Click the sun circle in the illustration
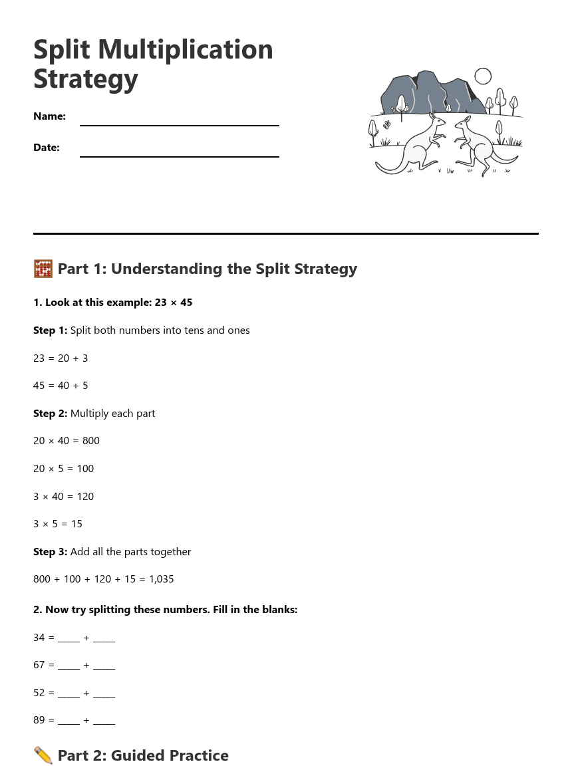coord(483,76)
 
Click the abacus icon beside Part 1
coord(43,269)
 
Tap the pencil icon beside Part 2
coord(43,755)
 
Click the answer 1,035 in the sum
coord(161,579)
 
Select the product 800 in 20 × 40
coord(91,441)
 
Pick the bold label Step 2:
coord(50,414)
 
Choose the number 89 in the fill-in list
coord(39,720)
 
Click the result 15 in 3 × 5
coord(76,524)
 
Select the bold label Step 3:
coord(50,552)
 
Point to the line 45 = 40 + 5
coord(61,386)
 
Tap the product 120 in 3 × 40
coord(85,497)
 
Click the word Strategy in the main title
coord(86,79)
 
